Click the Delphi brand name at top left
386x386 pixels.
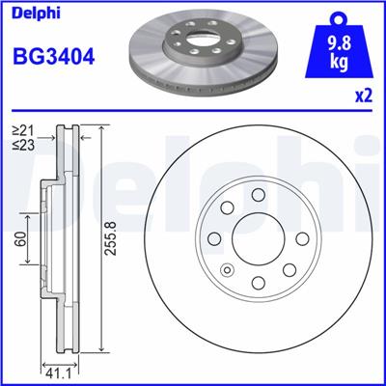click(33, 14)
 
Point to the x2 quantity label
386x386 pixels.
click(364, 96)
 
